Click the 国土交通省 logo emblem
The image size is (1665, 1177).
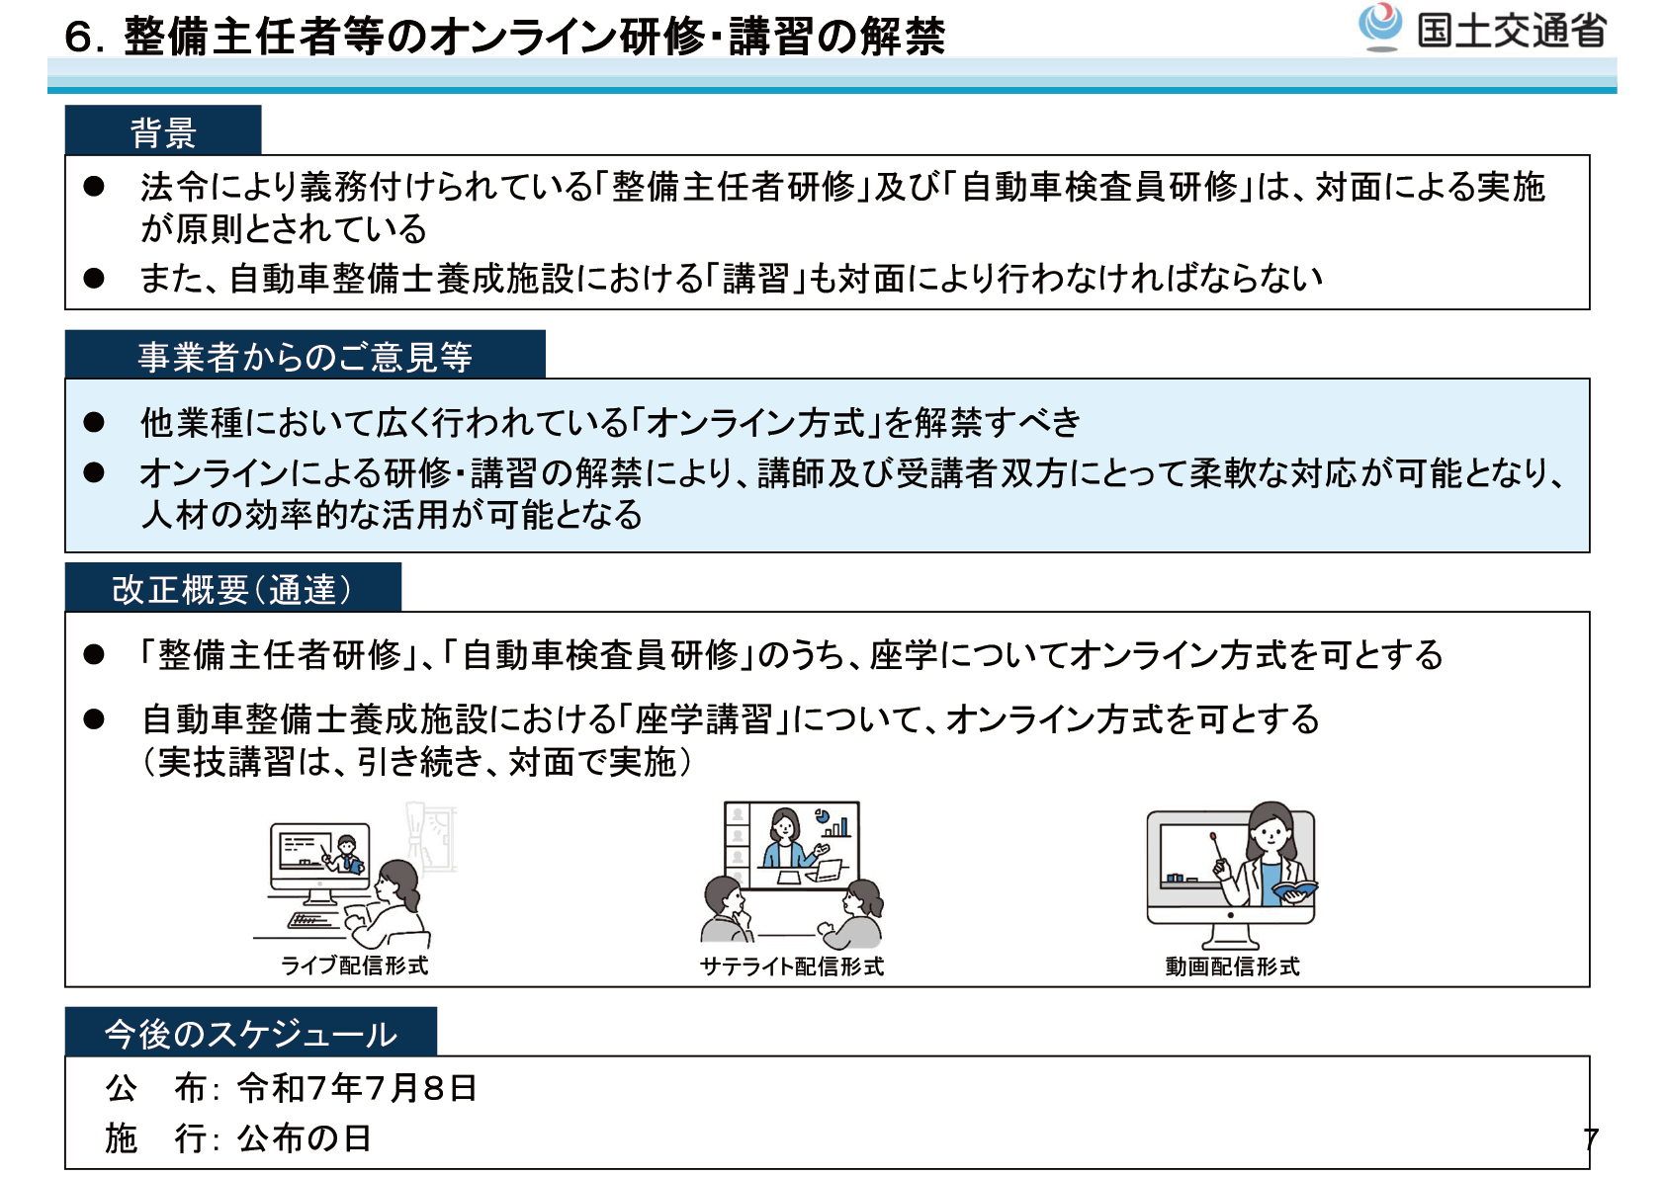pyautogui.click(x=1379, y=27)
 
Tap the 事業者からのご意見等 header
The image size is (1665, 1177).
pyautogui.click(x=305, y=355)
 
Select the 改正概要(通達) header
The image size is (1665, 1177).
pyautogui.click(x=232, y=588)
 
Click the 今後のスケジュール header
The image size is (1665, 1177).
pyautogui.click(x=250, y=1032)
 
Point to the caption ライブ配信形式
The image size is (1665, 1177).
pyautogui.click(x=354, y=966)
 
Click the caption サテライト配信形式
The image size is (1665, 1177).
pyautogui.click(x=792, y=966)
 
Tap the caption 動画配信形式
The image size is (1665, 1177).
pyautogui.click(x=1232, y=966)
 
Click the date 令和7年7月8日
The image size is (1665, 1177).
pyautogui.click(x=357, y=1089)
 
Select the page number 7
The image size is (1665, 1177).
pyautogui.click(x=1591, y=1139)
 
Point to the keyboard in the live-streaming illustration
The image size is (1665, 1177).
pyautogui.click(x=310, y=921)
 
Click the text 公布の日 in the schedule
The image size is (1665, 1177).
pyautogui.click(x=304, y=1137)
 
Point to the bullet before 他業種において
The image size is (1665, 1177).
pyautogui.click(x=94, y=422)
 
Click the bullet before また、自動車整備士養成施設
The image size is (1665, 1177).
pyautogui.click(x=94, y=278)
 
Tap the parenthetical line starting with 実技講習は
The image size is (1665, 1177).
pyautogui.click(x=416, y=762)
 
